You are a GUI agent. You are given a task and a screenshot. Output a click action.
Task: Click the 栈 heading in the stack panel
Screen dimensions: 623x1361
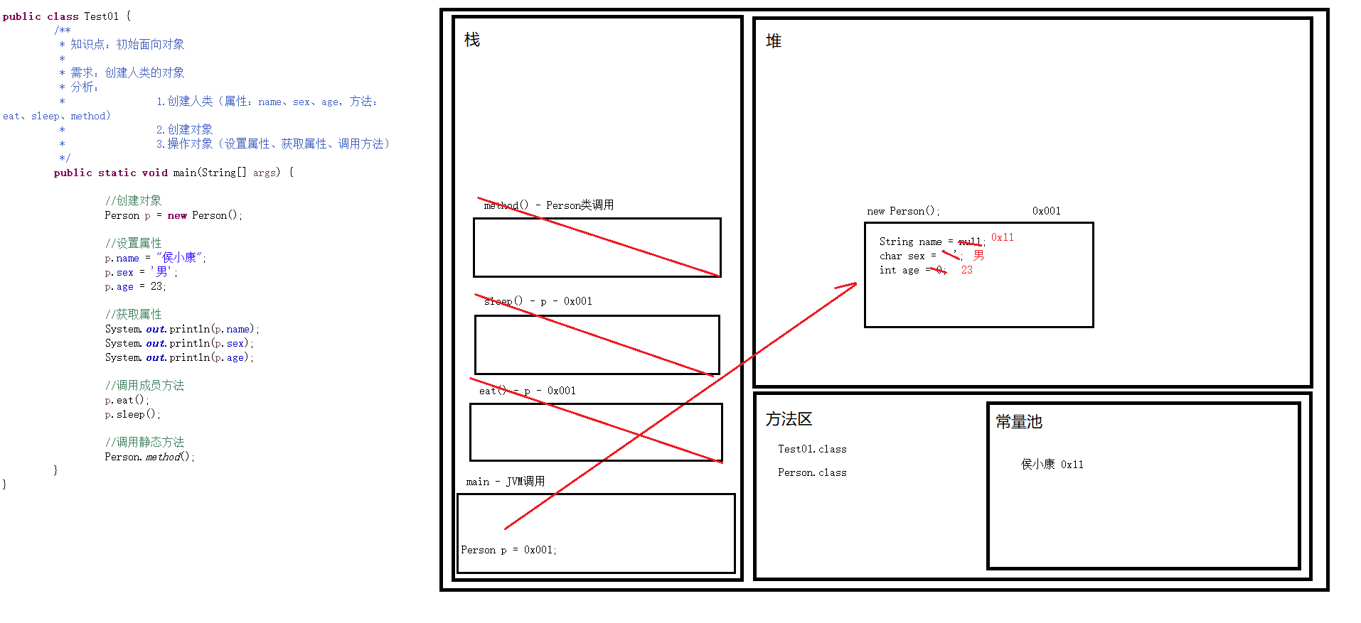472,40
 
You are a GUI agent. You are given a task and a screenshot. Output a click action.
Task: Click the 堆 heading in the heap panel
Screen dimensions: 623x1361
774,41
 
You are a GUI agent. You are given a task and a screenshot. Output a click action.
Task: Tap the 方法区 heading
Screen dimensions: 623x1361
789,419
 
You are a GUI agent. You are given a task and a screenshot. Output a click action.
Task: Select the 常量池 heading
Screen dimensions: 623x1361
1018,422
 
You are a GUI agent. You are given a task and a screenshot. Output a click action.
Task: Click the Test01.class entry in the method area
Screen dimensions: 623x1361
812,449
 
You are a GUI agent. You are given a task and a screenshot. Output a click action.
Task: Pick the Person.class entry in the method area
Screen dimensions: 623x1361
812,472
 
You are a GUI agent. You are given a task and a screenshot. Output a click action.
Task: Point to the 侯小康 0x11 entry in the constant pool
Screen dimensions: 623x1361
1052,465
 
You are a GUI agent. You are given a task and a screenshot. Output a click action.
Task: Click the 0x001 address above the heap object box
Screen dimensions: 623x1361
1046,211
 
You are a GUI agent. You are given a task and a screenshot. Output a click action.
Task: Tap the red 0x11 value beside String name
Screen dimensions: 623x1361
1003,237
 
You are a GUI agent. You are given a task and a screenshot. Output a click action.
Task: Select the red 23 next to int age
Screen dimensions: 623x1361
967,270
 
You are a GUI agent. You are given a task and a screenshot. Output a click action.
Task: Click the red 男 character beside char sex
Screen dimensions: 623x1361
979,255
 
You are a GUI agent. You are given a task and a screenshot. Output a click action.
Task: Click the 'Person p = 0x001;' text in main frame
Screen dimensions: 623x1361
508,550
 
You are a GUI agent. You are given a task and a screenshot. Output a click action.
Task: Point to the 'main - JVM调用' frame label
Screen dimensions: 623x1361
506,482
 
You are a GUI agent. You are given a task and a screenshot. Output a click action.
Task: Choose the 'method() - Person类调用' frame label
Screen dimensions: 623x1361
548,205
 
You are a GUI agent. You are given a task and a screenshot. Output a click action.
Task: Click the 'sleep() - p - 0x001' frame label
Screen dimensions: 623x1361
538,301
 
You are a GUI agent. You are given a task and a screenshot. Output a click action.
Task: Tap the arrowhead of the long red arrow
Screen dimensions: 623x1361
854,285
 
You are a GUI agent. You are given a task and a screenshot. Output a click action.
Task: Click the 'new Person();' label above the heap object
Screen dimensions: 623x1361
903,211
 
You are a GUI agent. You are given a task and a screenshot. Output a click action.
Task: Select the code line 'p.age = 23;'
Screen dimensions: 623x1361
135,286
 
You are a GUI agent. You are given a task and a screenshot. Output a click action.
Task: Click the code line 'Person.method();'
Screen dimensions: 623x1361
149,457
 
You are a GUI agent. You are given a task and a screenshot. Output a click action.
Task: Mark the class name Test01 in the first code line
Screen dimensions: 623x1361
102,16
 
